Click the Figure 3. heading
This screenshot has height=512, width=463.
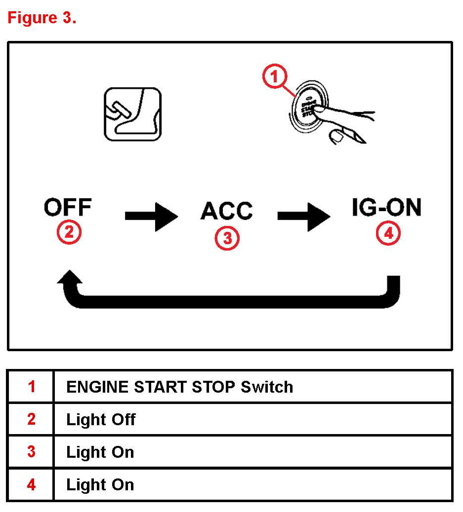tap(42, 18)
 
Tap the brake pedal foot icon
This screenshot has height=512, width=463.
tap(132, 114)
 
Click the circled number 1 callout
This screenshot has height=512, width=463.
tap(275, 78)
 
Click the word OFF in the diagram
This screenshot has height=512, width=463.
tap(68, 208)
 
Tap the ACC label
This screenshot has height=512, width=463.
tap(227, 211)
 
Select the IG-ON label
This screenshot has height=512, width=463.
tap(386, 208)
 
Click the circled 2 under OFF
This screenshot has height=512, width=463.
tap(69, 231)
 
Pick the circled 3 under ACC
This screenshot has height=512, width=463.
tap(227, 238)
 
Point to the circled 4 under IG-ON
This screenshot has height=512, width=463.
tap(388, 234)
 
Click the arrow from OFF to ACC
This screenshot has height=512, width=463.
tap(151, 216)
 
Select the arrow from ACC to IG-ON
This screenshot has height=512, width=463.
tap(304, 216)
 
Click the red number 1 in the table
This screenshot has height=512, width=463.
tap(31, 387)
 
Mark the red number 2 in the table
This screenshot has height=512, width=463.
tap(31, 420)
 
